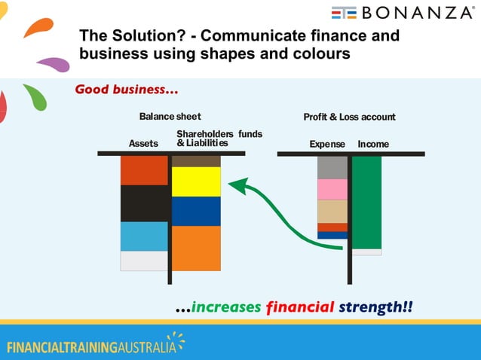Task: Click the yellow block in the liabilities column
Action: pos(196,182)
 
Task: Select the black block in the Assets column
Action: pos(144,203)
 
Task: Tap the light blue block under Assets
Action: pos(144,236)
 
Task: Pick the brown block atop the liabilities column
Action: pos(196,161)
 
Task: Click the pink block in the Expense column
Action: pos(332,189)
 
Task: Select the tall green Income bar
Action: pos(367,202)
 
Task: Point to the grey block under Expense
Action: pos(332,167)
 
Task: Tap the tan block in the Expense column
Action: pos(332,211)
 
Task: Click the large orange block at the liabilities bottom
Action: pos(196,248)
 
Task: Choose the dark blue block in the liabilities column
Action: pos(196,211)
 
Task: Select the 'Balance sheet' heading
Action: pos(170,117)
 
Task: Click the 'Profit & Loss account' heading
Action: pos(349,117)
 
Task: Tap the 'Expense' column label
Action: pos(327,144)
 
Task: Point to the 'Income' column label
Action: pos(374,144)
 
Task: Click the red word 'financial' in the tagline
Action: pos(300,307)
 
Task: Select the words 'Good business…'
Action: pos(127,90)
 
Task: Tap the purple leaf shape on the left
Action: pos(54,64)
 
